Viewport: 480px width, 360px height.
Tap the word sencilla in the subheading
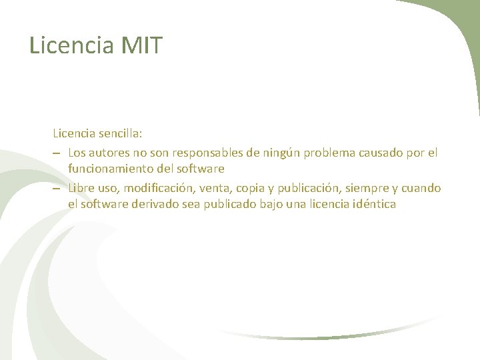129,136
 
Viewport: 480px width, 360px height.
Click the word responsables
206,153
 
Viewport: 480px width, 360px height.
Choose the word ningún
281,153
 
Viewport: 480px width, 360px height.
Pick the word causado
382,153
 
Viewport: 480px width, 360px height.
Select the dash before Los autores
58,153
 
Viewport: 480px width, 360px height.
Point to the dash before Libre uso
58,189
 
